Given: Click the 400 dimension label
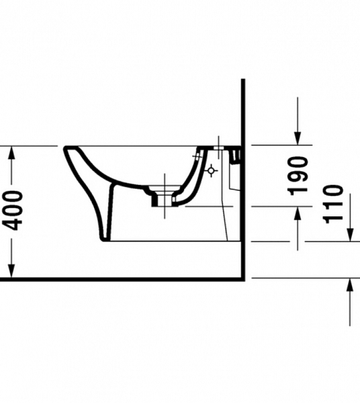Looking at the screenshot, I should (x=13, y=210).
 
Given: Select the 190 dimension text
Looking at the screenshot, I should (x=298, y=175).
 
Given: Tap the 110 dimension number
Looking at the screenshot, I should (x=334, y=204).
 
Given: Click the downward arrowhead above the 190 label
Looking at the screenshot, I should (x=298, y=137).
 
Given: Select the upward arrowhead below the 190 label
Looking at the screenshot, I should (x=298, y=214).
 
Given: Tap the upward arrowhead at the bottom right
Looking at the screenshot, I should (x=350, y=285).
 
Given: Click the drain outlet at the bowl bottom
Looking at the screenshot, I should (x=161, y=196).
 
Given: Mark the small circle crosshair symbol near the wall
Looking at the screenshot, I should (x=212, y=171).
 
